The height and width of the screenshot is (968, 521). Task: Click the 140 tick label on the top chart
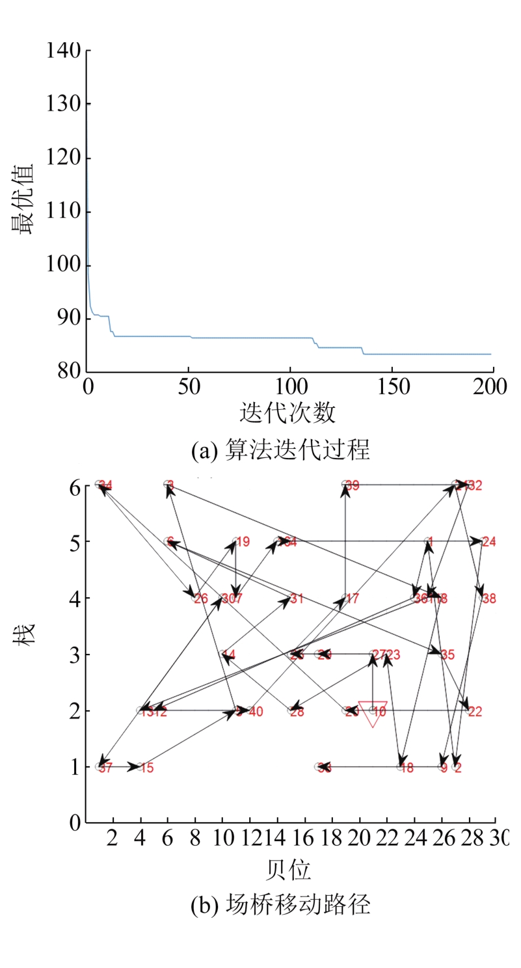tap(63, 50)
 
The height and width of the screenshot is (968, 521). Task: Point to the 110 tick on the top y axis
tap(63, 212)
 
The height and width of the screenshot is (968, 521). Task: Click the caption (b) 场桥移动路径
tap(280, 905)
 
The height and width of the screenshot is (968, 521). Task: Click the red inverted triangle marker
tap(373, 712)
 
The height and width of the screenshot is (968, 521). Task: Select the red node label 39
tap(353, 485)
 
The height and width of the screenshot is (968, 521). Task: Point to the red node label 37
tap(107, 768)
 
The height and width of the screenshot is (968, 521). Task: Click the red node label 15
tap(146, 768)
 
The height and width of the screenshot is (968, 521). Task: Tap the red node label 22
tap(475, 712)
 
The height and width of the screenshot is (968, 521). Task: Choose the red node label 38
tap(488, 598)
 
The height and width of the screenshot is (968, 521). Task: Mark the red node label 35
tap(448, 655)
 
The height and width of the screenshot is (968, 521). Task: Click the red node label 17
tap(352, 598)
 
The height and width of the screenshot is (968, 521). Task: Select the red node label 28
tap(297, 712)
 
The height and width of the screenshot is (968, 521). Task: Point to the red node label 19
tap(243, 542)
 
